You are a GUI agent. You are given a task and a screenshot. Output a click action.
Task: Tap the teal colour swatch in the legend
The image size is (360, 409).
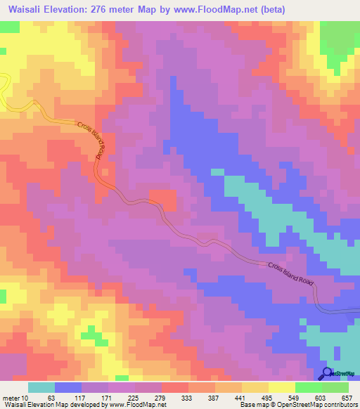pos(41,388)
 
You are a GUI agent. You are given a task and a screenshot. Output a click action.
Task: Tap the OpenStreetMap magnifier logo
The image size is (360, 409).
pos(328,374)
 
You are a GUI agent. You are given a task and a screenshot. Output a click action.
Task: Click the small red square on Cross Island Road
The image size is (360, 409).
pos(163,200)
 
